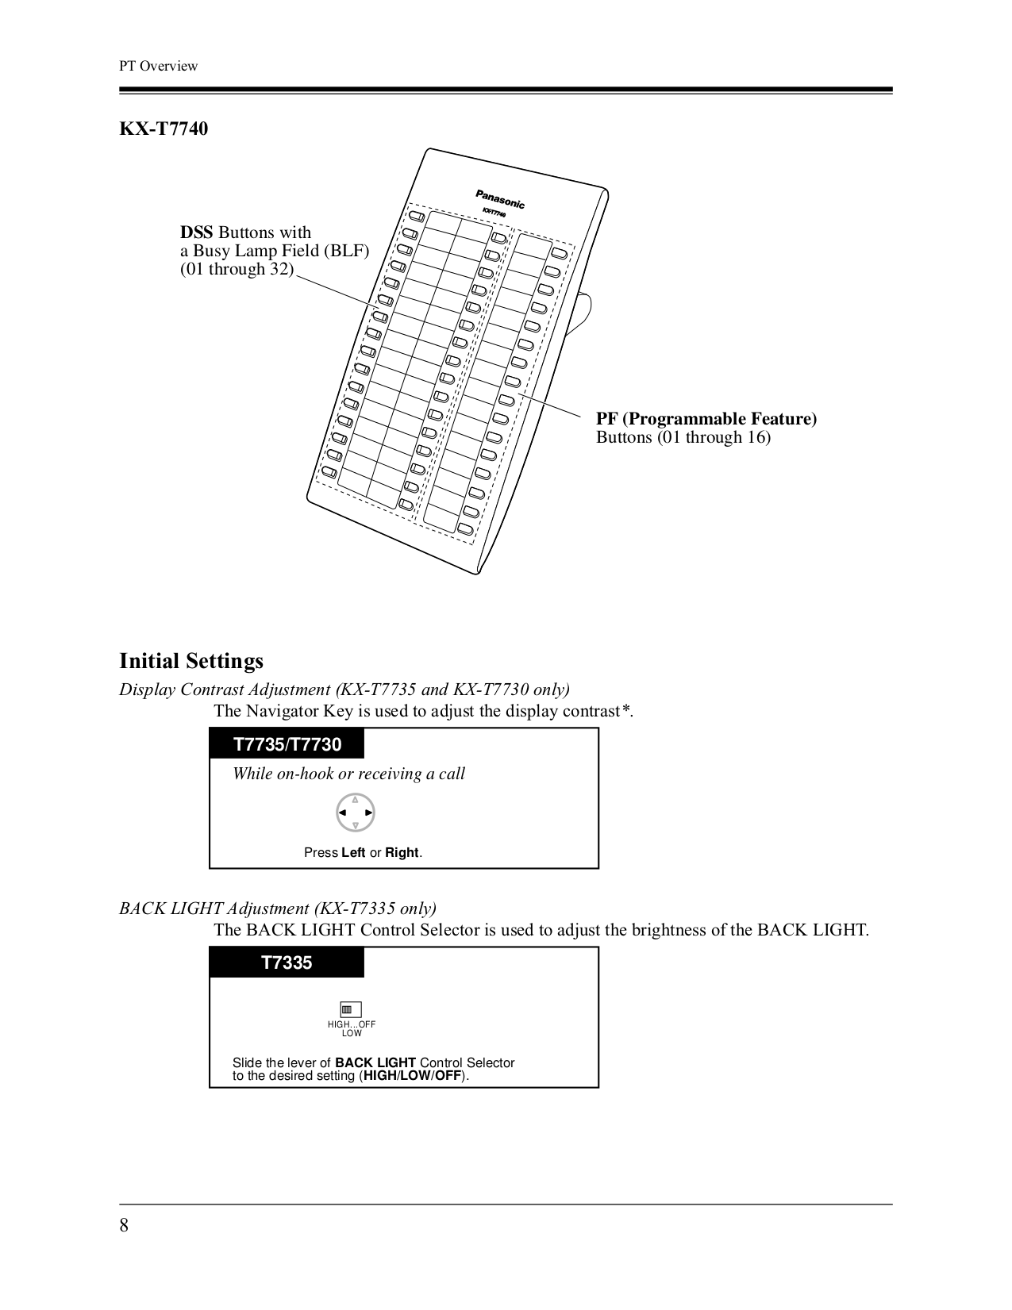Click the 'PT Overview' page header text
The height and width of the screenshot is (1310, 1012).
158,66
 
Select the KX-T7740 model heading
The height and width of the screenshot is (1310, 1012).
164,129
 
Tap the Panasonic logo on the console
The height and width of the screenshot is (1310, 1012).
499,198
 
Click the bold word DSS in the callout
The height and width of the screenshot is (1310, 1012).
196,232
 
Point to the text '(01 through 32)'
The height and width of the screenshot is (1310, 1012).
237,269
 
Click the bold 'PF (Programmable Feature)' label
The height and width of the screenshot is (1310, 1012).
706,418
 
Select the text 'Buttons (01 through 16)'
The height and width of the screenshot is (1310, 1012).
683,437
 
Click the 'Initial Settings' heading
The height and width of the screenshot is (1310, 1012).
191,661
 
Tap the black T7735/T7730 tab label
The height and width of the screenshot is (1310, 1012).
287,744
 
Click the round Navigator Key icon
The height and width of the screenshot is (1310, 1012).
355,813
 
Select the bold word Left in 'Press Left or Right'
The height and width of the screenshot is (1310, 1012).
353,853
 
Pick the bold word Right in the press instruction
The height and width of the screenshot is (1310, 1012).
402,853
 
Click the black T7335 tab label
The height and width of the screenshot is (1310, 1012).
287,962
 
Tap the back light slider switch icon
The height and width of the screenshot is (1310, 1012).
350,1009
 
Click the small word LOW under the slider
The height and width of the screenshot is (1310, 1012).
352,1033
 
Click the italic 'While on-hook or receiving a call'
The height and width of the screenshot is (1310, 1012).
348,774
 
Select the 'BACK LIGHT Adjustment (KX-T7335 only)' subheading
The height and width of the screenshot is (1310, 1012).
278,908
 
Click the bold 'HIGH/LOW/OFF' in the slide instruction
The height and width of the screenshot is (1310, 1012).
412,1076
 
